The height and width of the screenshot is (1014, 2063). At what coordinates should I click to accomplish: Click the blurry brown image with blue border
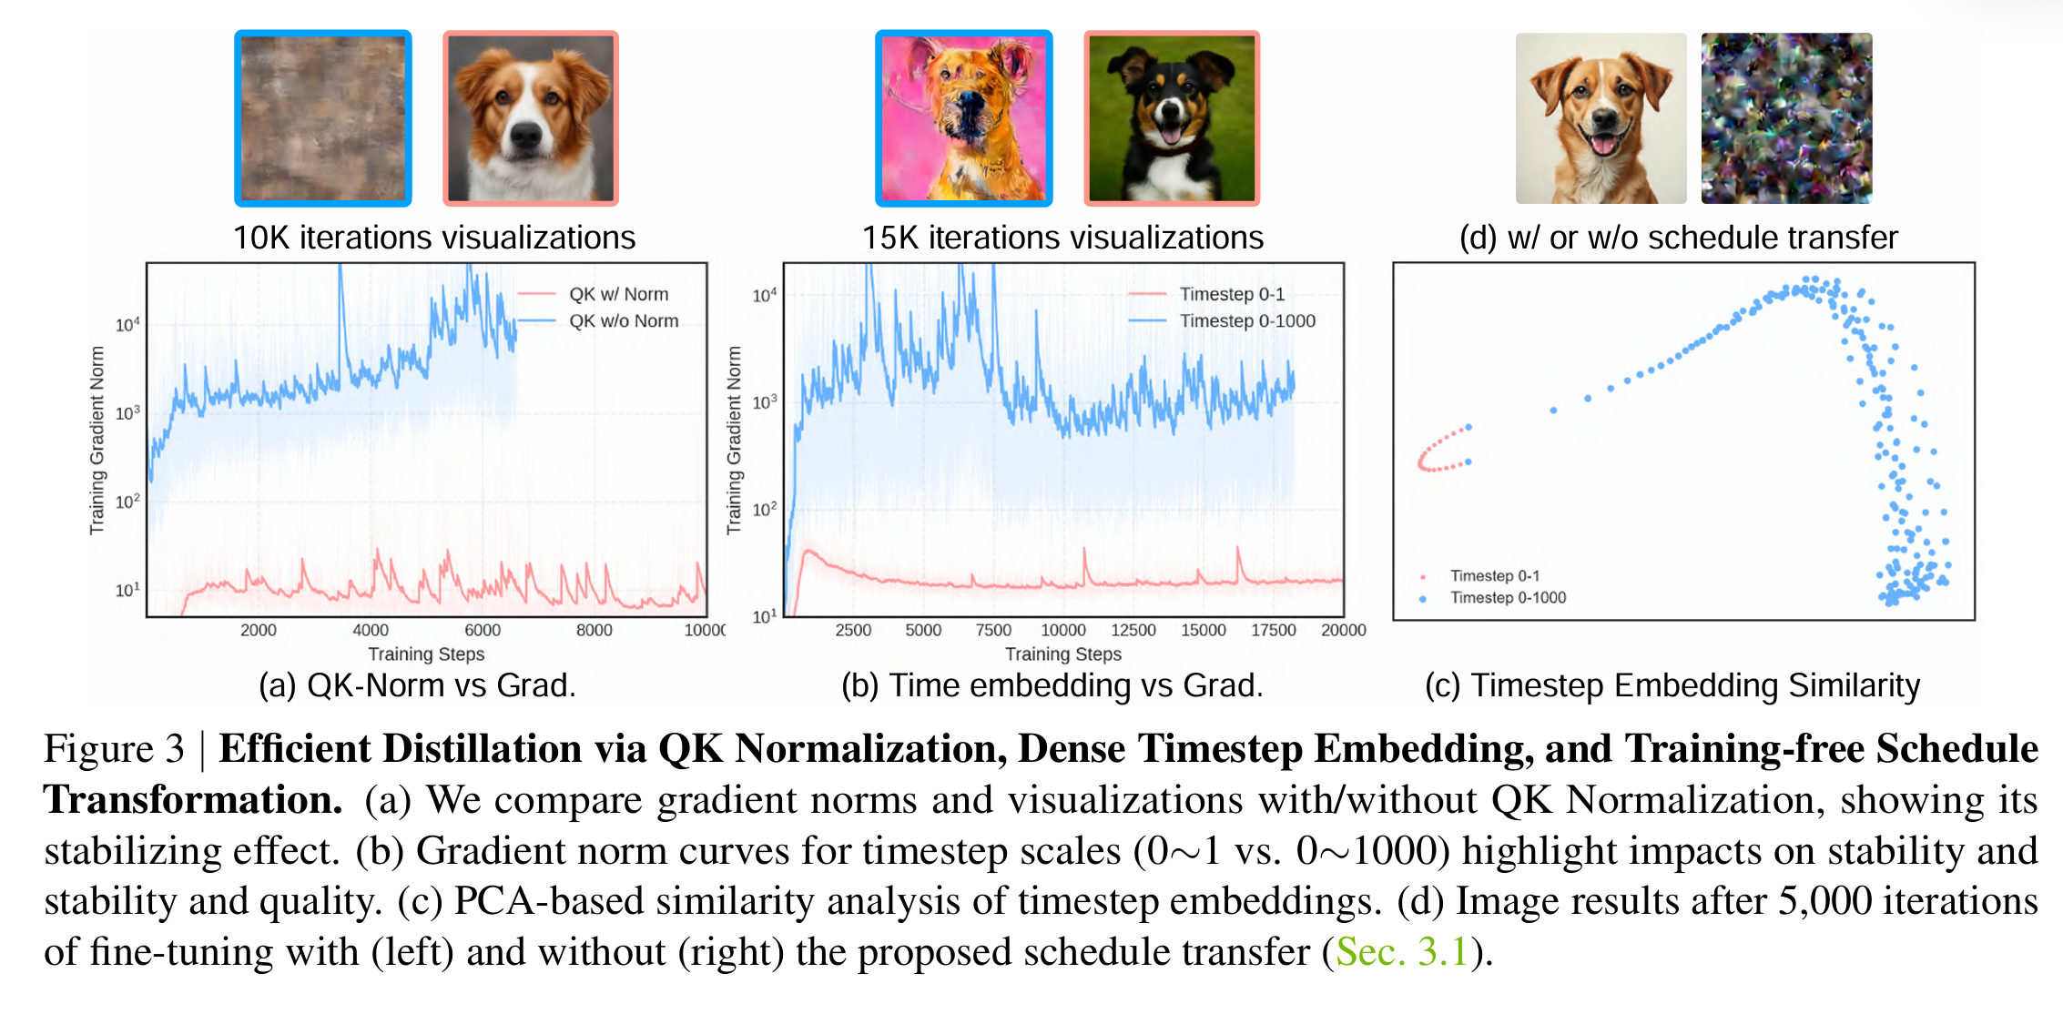pos(323,118)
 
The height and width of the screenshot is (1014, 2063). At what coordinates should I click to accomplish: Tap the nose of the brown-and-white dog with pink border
pos(527,136)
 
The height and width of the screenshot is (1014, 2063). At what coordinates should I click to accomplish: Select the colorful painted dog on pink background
pos(963,118)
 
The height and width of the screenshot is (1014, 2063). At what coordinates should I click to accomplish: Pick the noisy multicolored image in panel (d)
pos(1786,118)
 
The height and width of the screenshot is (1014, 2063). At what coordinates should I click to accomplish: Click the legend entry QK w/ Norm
pos(618,294)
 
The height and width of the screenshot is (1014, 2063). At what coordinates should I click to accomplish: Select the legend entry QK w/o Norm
pos(624,320)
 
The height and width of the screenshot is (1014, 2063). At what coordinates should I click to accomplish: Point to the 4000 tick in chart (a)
pos(371,630)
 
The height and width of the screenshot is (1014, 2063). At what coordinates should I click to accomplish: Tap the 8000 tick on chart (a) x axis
pos(595,630)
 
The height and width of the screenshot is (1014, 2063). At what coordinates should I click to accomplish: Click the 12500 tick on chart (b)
pos(1133,630)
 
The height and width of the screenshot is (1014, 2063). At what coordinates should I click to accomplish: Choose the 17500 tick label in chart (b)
pos(1273,630)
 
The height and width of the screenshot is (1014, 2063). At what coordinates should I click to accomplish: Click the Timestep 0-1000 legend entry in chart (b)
pos(1247,320)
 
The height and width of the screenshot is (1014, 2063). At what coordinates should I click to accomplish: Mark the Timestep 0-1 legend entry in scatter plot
pos(1494,575)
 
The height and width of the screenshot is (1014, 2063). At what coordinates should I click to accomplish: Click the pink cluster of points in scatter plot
pos(1441,451)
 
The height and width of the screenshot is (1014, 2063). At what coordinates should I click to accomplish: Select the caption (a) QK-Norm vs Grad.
pos(417,685)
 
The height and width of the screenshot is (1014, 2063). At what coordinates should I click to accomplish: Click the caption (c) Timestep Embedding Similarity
pos(1672,685)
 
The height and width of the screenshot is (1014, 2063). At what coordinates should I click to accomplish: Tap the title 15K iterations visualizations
pos(1062,238)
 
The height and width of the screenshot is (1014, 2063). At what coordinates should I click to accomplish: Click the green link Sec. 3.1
pos(1401,952)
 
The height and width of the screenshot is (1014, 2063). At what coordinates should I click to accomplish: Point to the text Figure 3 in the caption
pos(114,749)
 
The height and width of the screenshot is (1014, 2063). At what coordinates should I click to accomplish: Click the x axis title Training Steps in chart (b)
pos(1062,654)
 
